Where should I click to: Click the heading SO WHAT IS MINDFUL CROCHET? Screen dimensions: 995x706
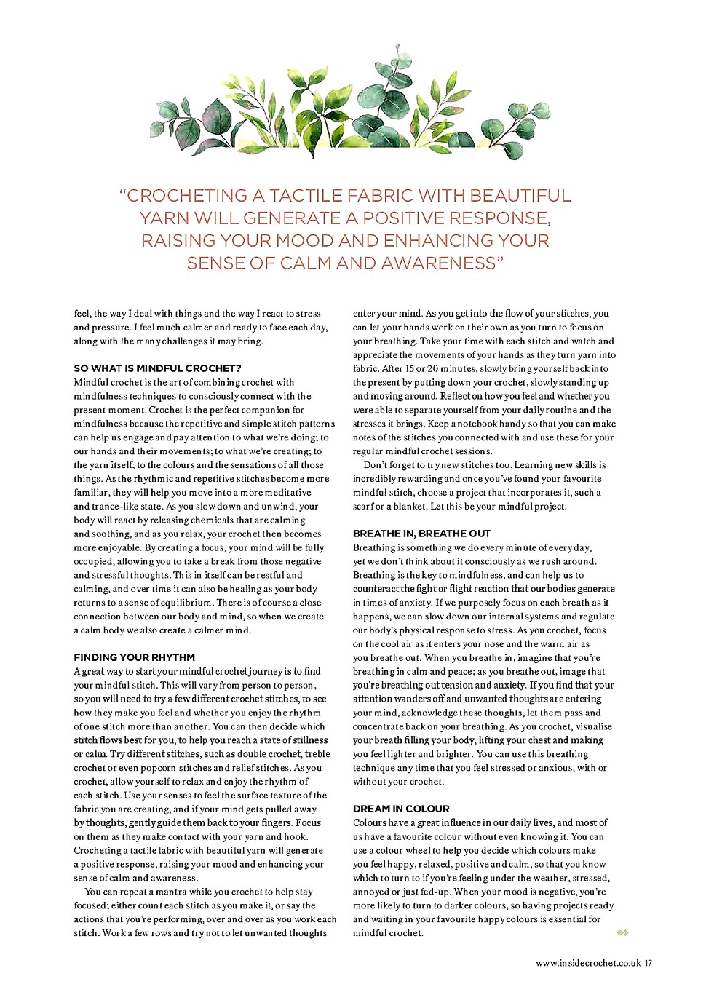(157, 368)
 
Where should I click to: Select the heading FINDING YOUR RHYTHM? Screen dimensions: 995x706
(134, 657)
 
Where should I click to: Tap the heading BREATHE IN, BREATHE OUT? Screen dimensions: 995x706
(421, 534)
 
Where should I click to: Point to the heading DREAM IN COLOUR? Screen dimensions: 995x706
(401, 809)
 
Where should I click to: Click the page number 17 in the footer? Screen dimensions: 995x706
(648, 963)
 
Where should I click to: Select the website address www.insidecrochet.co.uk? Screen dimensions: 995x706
(588, 963)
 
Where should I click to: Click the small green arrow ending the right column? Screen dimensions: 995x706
(622, 932)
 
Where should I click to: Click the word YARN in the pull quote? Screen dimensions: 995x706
(165, 218)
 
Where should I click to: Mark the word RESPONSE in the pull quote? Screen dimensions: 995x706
(499, 218)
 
